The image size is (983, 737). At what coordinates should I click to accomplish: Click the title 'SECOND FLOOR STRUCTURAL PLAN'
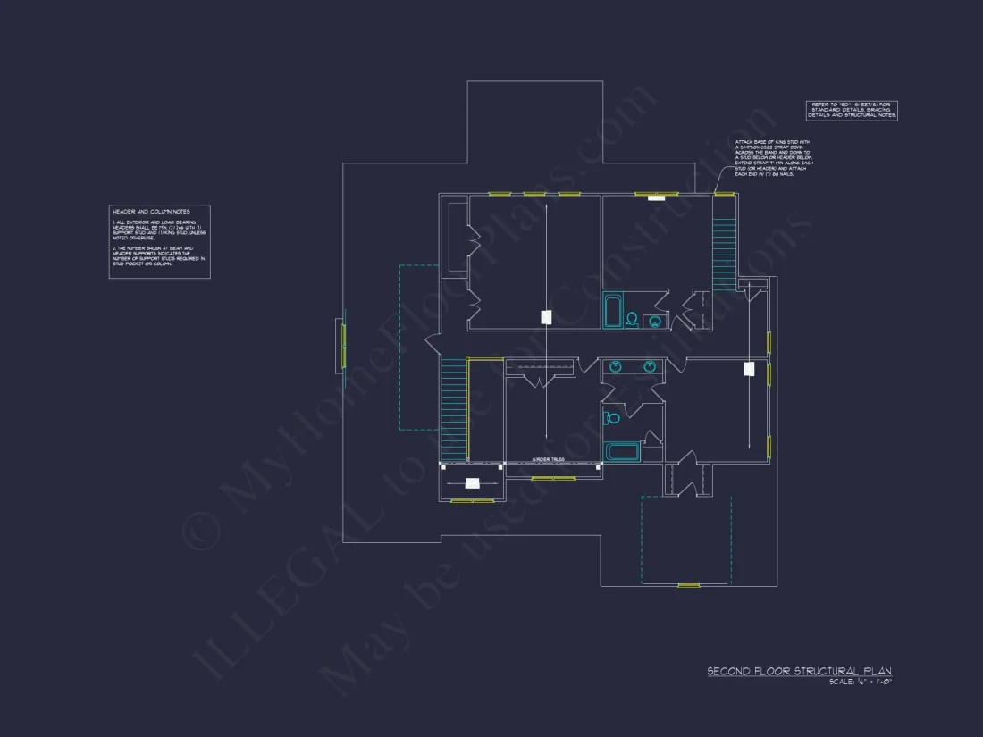point(799,671)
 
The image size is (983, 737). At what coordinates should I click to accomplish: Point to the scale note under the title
point(861,683)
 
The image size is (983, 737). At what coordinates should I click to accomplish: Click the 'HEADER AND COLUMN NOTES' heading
point(151,212)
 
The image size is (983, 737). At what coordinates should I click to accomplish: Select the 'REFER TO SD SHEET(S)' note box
point(852,110)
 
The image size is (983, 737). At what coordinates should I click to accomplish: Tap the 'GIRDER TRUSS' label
point(548,459)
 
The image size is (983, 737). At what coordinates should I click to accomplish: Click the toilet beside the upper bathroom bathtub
point(632,319)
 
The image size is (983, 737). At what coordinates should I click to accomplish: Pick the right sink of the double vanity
point(650,366)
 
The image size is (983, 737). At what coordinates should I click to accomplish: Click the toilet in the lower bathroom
point(613,418)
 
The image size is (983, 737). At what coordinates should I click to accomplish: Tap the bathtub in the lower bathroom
point(623,451)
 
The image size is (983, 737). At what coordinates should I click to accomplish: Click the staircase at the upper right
point(723,241)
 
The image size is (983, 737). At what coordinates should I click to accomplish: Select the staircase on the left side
point(454,409)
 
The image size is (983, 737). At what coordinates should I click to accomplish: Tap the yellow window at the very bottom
point(687,585)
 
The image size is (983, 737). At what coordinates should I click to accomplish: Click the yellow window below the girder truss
point(553,479)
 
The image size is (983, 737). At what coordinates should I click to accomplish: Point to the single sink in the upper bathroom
point(656,321)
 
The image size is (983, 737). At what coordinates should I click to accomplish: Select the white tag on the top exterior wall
point(657,198)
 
